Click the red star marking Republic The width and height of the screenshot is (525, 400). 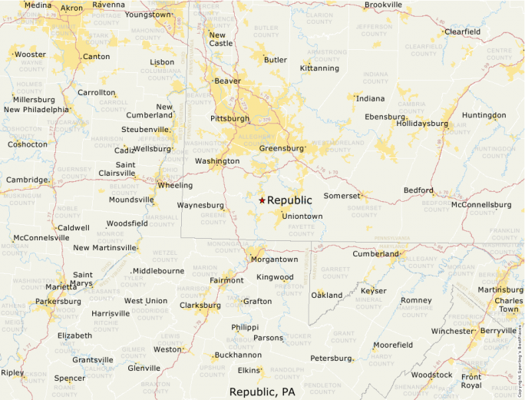[x=262, y=200]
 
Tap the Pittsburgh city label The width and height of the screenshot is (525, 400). [x=229, y=119]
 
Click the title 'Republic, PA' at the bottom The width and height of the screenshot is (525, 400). [x=262, y=392]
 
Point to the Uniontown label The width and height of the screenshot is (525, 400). [x=302, y=217]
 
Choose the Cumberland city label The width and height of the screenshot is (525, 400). [x=375, y=254]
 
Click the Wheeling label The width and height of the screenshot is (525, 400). [x=175, y=185]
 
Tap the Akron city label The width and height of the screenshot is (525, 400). [x=71, y=8]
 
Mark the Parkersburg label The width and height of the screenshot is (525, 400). [x=58, y=302]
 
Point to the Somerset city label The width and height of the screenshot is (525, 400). [x=341, y=196]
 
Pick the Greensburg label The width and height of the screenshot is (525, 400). [x=282, y=148]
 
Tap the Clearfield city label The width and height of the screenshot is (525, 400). [x=462, y=31]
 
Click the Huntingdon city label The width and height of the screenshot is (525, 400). [x=484, y=115]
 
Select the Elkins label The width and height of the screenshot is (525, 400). [x=249, y=370]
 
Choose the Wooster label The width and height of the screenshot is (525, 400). [x=30, y=55]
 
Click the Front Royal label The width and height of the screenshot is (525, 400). [x=471, y=381]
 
